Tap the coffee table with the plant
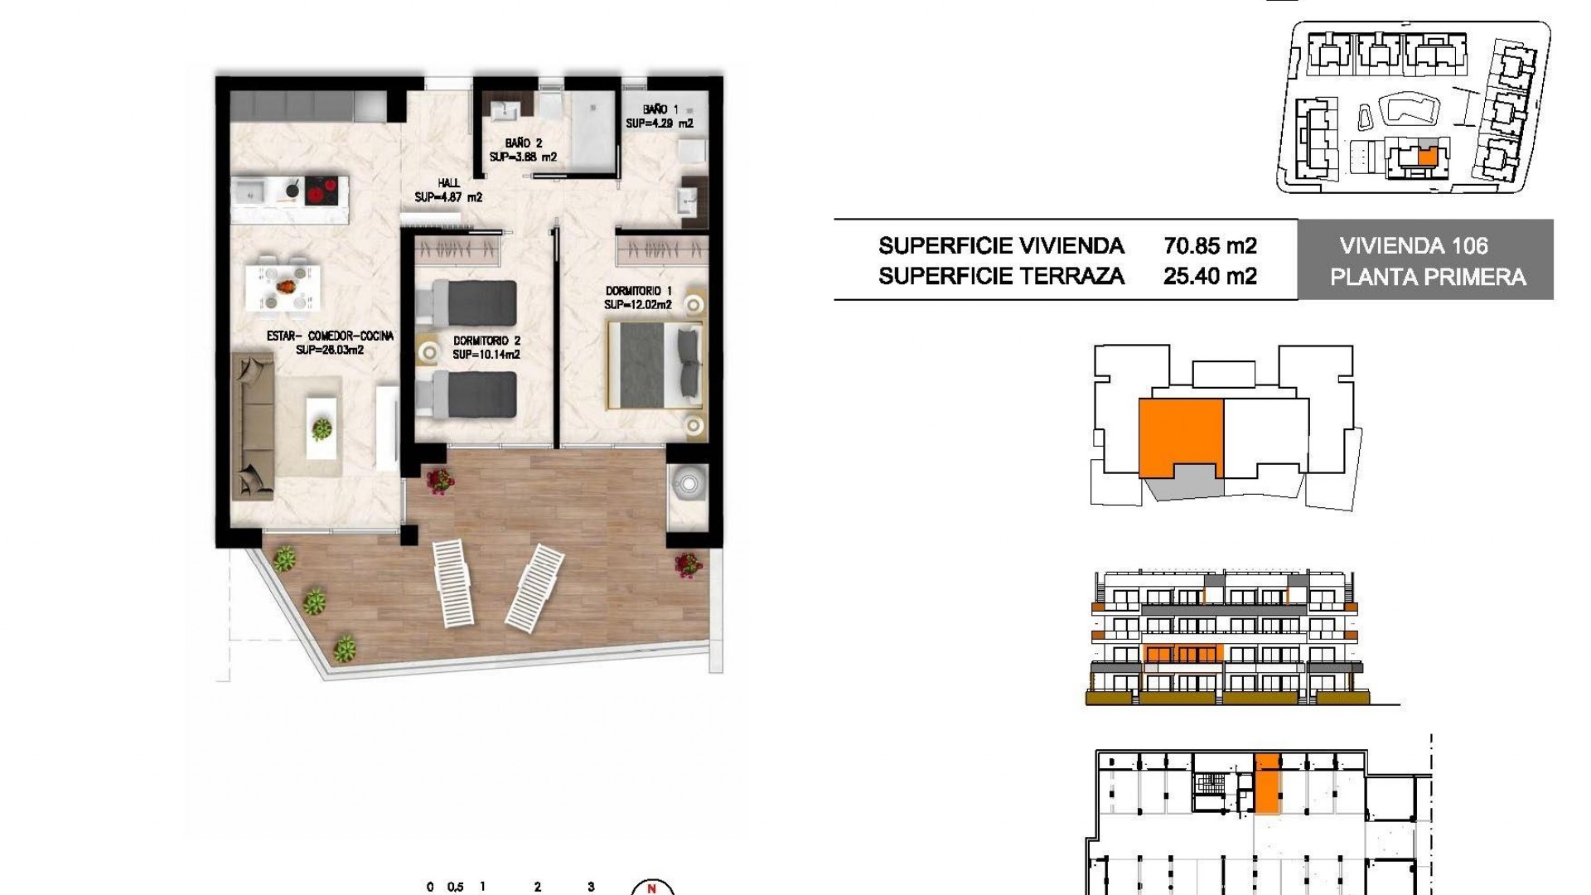pyautogui.click(x=322, y=427)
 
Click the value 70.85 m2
pyautogui.click(x=1210, y=246)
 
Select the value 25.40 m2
pyautogui.click(x=1210, y=276)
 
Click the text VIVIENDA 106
pyautogui.click(x=1414, y=246)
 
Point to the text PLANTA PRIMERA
pyautogui.click(x=1428, y=277)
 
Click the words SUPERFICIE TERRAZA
pyautogui.click(x=1001, y=276)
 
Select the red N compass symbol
pyautogui.click(x=651, y=888)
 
